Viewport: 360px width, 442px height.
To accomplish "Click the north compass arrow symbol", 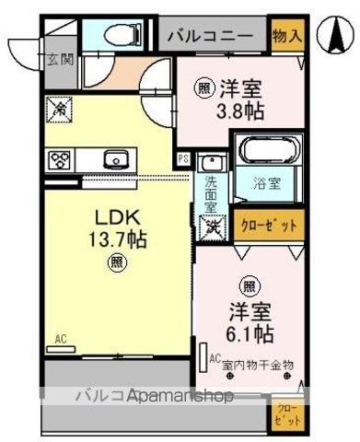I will click(x=333, y=35).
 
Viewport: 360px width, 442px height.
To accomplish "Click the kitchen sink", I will click(x=116, y=157).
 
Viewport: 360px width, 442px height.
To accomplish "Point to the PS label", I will click(x=184, y=158).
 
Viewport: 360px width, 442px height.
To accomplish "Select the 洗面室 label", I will click(x=212, y=194).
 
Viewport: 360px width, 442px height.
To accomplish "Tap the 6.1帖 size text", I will click(x=249, y=332).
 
